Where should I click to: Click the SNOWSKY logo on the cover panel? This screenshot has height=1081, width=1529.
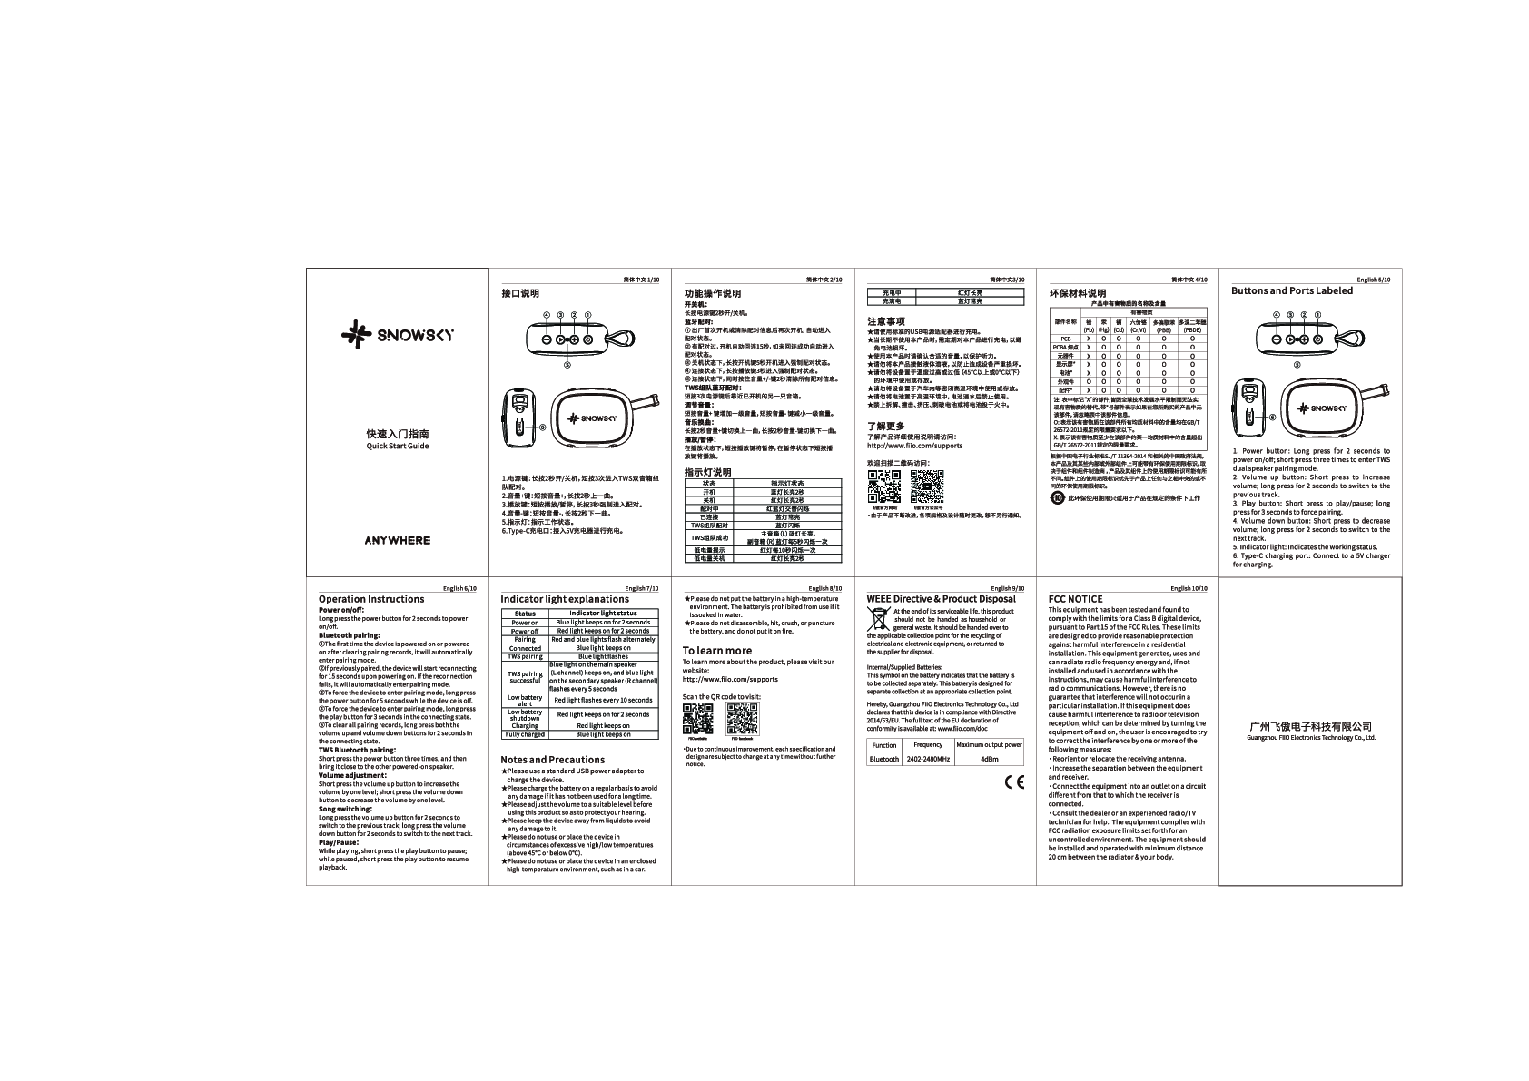397,334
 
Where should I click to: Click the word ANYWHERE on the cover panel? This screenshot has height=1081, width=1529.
397,540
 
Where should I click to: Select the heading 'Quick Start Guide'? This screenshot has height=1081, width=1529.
397,446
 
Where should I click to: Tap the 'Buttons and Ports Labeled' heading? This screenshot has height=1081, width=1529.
1291,290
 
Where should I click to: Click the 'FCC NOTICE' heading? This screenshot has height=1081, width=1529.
1075,599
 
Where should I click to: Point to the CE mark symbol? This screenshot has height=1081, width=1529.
1014,781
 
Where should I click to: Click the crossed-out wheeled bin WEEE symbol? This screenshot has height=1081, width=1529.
878,620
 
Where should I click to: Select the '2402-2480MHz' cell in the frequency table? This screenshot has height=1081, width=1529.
928,759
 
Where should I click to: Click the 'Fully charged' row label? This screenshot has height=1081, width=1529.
525,734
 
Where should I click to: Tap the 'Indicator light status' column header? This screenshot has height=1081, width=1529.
602,614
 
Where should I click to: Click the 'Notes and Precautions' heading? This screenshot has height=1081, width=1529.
552,760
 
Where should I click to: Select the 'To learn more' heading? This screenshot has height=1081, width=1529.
716,650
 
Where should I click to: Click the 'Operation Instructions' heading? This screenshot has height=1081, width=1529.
370,599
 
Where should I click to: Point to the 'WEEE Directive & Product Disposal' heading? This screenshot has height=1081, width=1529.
941,599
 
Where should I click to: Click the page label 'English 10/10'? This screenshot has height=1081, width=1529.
1189,588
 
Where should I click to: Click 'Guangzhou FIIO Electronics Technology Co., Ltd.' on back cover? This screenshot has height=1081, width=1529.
1310,738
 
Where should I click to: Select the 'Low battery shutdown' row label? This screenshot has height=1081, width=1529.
525,714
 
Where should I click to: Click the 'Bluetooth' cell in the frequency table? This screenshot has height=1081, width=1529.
883,759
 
